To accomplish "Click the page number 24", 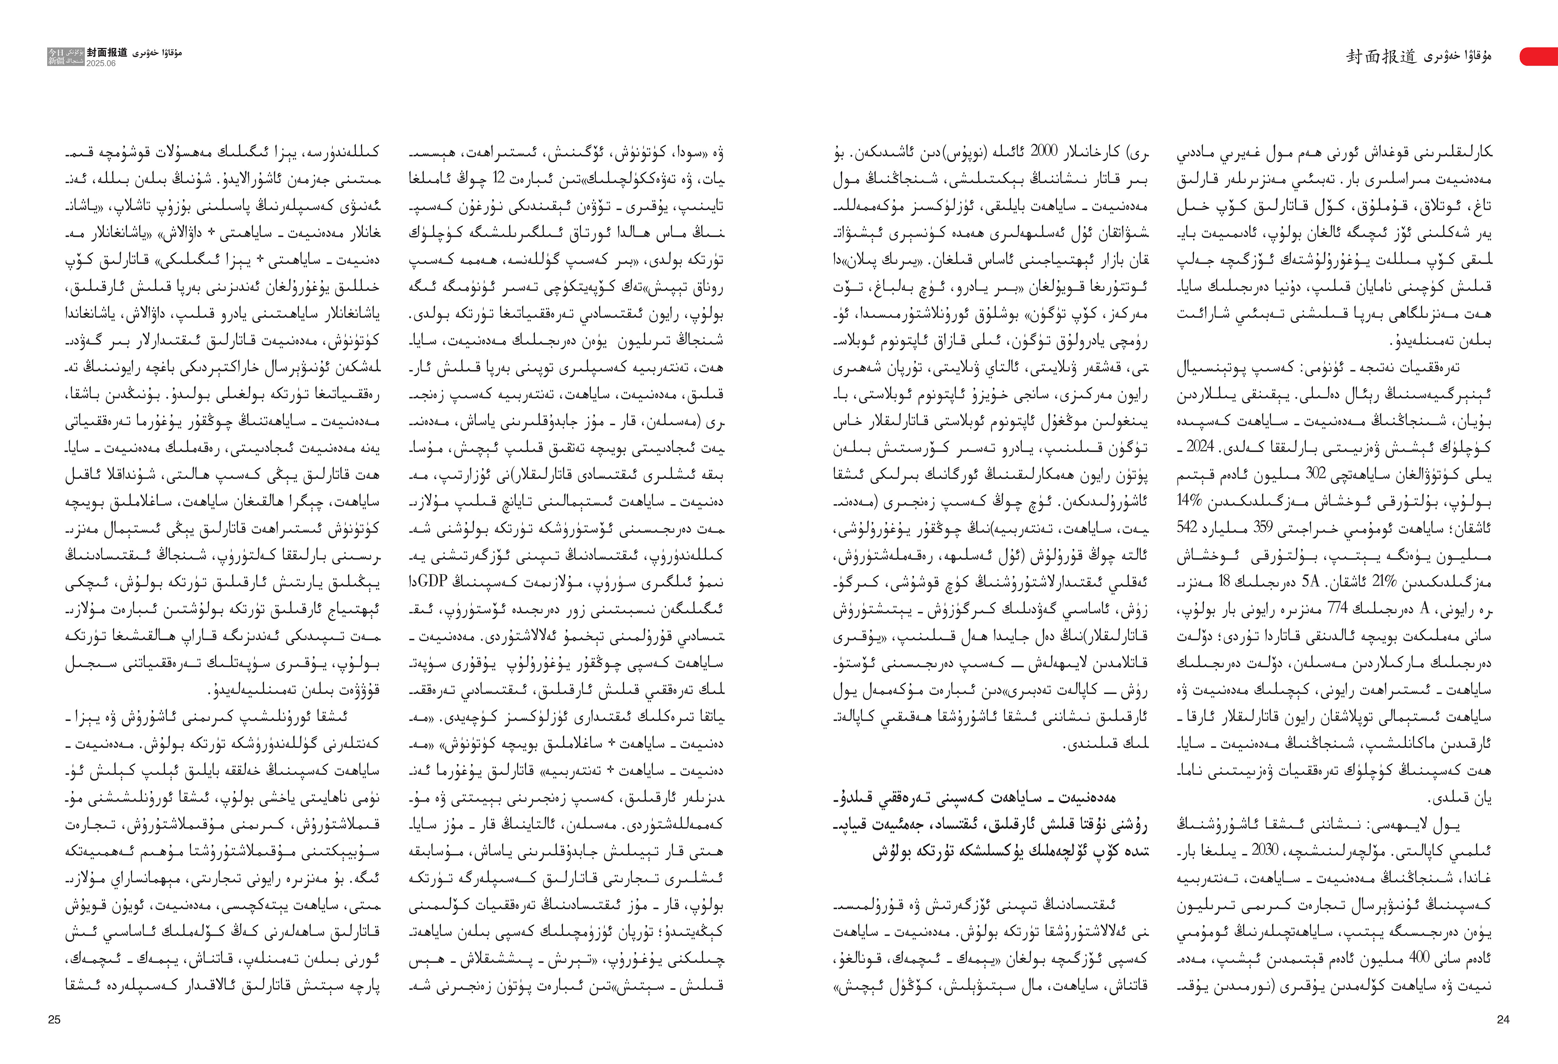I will coord(1502,1020).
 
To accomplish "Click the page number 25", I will coord(54,1020).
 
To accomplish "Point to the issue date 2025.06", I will coord(100,63).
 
